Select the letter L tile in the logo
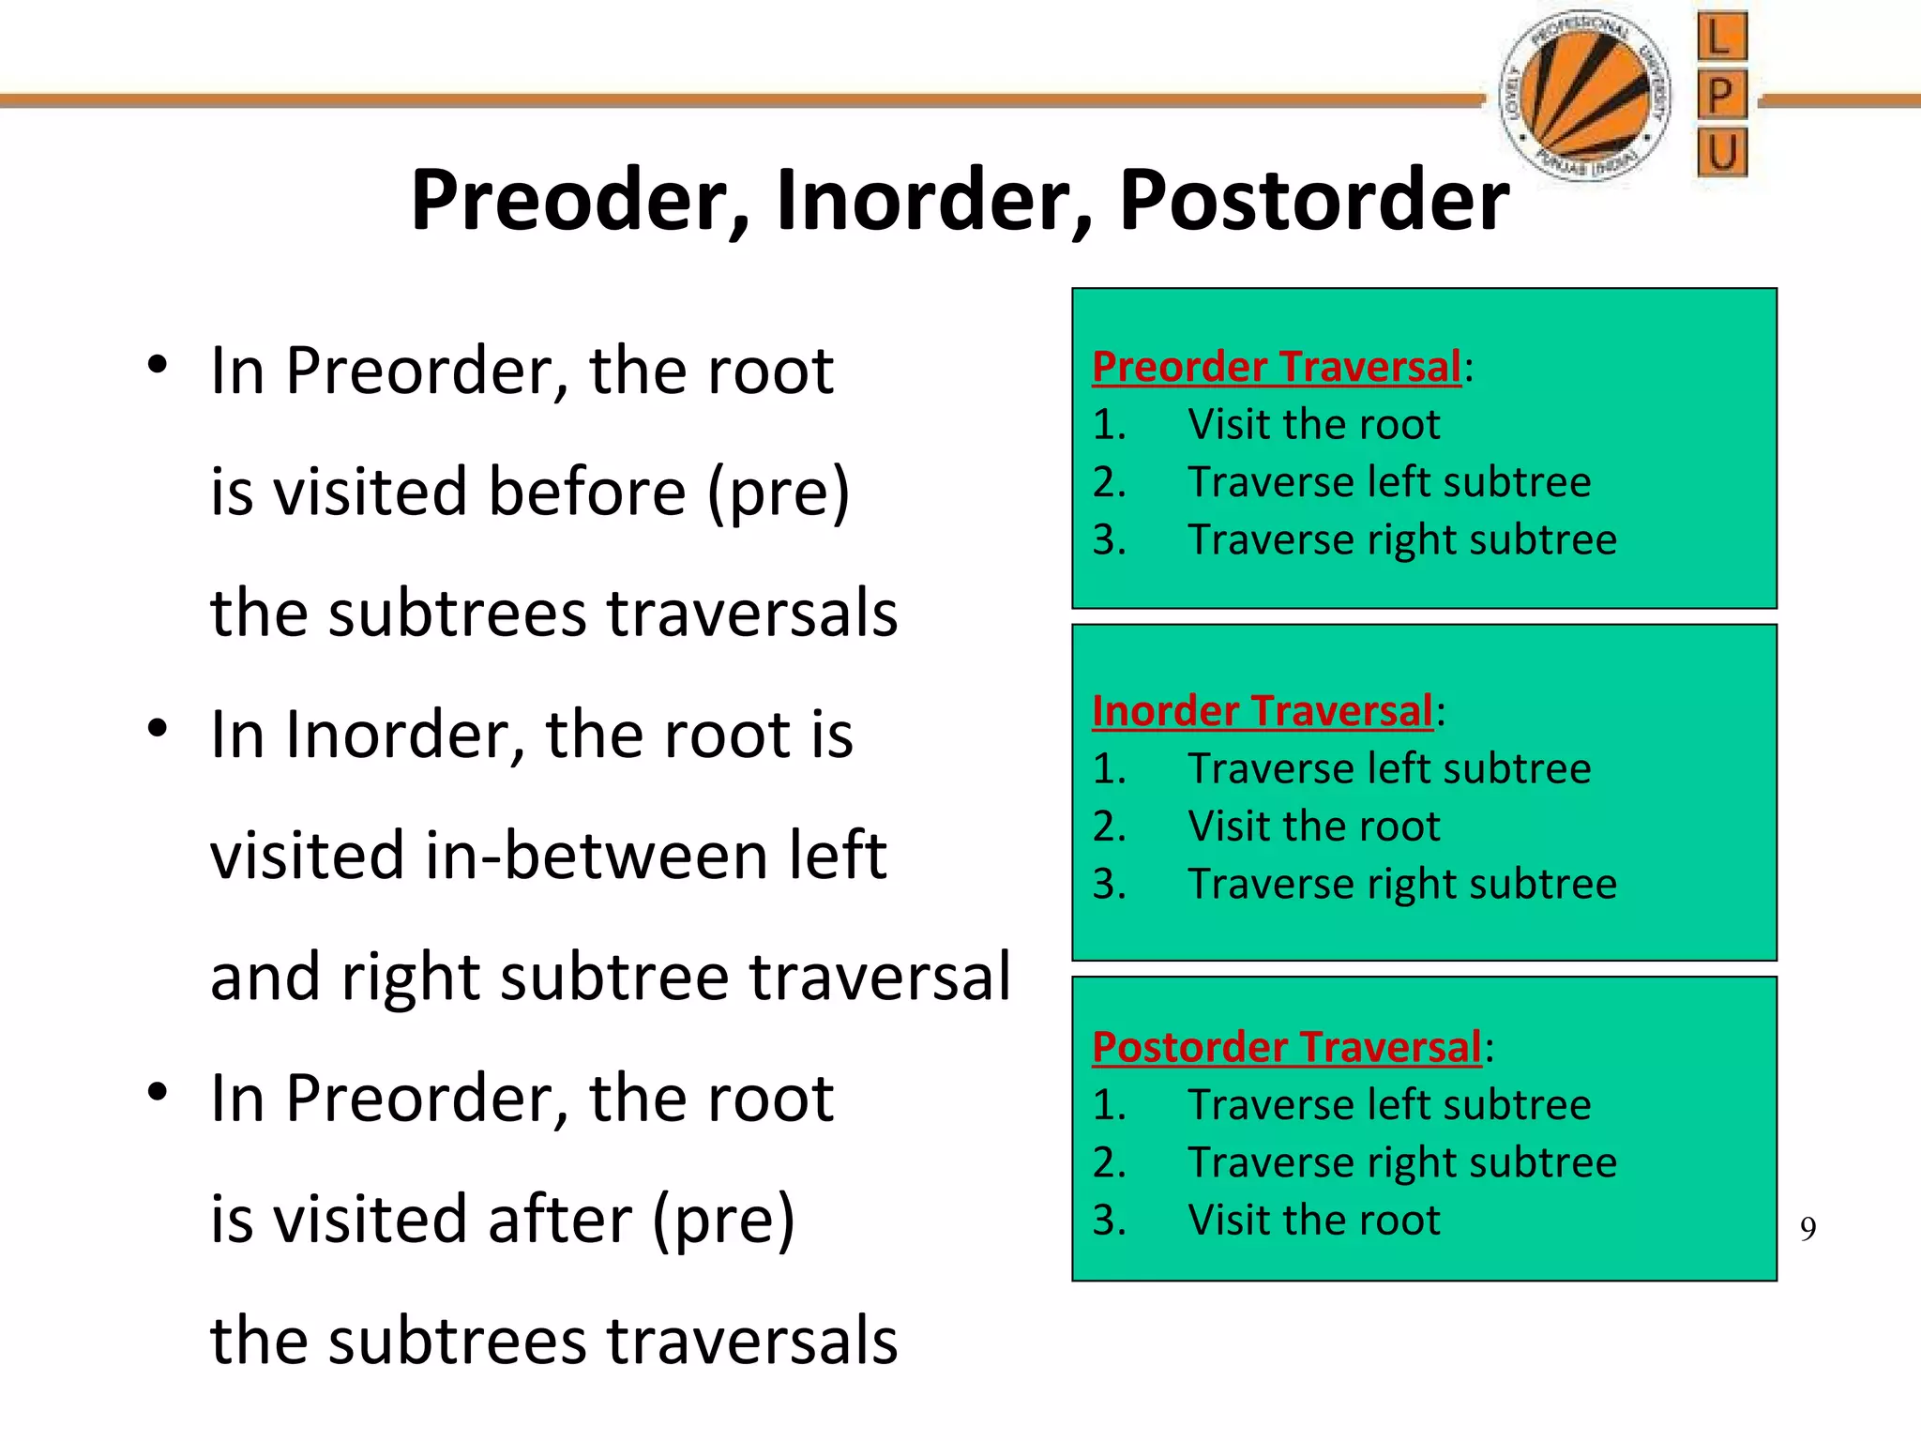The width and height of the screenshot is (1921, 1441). (1722, 38)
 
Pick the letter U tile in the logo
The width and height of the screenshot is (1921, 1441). (1722, 152)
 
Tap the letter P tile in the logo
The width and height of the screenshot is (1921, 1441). (1722, 95)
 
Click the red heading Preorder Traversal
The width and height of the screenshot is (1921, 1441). (1276, 367)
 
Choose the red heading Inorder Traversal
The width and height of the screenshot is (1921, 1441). (1262, 711)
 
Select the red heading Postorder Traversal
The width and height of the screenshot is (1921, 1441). (1286, 1047)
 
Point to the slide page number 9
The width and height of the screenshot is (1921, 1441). (1808, 1228)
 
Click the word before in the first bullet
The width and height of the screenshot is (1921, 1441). (587, 492)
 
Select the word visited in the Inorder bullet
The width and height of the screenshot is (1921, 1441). (310, 856)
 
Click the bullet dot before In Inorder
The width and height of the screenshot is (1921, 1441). (158, 728)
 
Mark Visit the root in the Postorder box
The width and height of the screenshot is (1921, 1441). (1313, 1220)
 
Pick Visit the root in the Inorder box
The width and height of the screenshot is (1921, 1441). (1313, 827)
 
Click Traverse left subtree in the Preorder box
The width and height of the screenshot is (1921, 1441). (1389, 482)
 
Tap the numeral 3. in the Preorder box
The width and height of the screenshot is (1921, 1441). (1109, 539)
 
